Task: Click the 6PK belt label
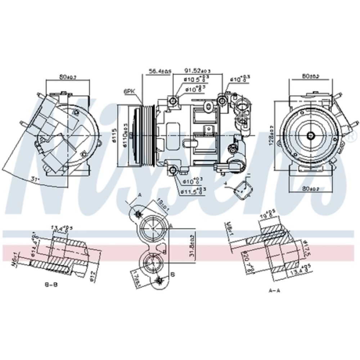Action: (x=129, y=92)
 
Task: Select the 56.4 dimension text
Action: (x=159, y=71)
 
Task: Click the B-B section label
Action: (x=51, y=284)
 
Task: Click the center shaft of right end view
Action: (x=311, y=135)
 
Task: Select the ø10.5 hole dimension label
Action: (x=195, y=79)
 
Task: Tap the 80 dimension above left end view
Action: (x=68, y=77)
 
